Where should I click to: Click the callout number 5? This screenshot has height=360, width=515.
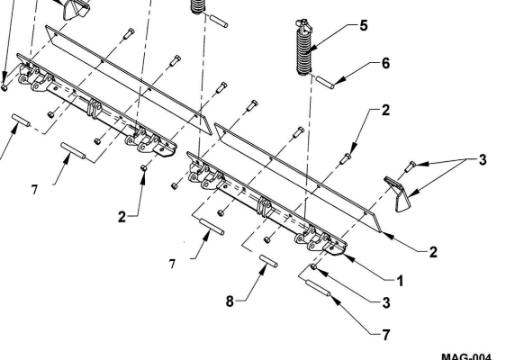363,25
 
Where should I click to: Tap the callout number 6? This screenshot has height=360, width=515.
385,63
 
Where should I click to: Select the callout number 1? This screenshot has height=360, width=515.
400,281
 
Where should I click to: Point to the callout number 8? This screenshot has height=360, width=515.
230,301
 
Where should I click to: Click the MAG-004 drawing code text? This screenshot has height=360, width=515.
466,356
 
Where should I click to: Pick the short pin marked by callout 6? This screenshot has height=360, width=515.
325,82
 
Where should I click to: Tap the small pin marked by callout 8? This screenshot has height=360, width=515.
268,261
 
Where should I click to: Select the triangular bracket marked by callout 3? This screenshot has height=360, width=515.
397,193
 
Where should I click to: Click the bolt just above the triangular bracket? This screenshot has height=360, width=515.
410,166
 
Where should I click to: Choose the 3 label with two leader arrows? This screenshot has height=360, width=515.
483,160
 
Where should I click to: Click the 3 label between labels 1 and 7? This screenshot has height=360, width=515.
386,302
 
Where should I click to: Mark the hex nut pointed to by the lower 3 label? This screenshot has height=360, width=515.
313,266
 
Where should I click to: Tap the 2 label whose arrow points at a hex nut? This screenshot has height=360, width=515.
122,217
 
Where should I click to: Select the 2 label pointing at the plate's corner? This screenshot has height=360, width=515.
433,252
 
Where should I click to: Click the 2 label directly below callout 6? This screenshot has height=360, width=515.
385,111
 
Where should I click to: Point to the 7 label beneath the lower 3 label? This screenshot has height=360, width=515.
386,335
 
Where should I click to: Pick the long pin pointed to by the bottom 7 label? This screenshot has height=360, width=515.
318,287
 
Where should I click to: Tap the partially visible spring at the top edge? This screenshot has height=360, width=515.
197,6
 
